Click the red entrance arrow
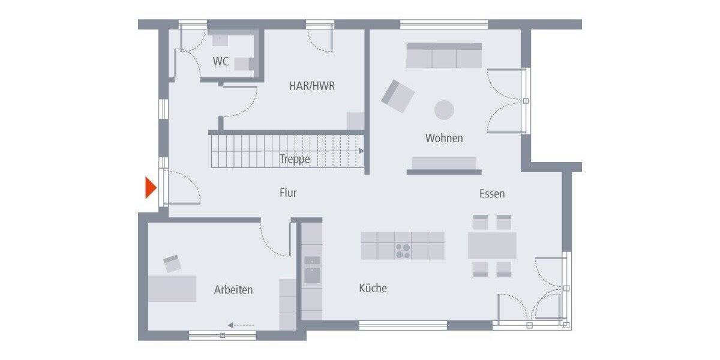click(151, 188)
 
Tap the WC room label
click(221, 61)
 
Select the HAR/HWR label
click(312, 86)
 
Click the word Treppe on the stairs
click(295, 159)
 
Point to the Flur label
click(288, 193)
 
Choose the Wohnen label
click(444, 138)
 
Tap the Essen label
click(492, 193)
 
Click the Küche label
click(373, 288)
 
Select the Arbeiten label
click(233, 290)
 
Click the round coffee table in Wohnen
click(444, 110)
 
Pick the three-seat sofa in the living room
click(444, 56)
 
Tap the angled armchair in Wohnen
click(398, 96)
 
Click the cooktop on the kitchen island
click(403, 251)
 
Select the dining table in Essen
click(492, 245)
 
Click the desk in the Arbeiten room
click(172, 288)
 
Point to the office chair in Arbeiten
click(173, 263)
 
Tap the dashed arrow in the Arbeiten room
click(241, 325)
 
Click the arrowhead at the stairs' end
click(361, 151)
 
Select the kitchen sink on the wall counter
click(312, 275)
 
